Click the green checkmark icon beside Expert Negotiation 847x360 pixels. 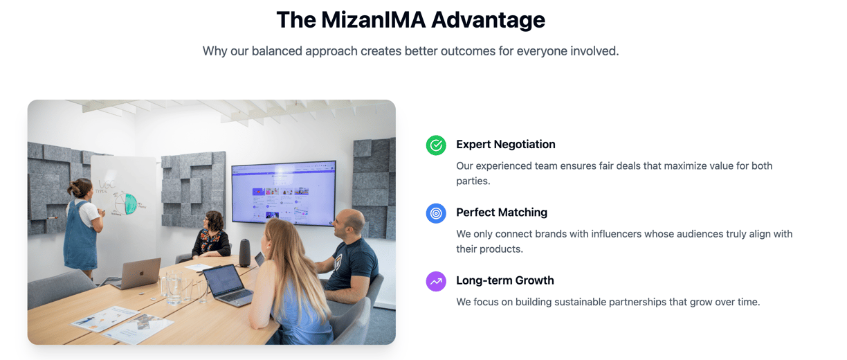[x=436, y=145]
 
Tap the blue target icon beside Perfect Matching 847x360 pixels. [x=436, y=213]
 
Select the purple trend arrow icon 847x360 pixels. [x=436, y=281]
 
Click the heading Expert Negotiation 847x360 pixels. [x=506, y=145]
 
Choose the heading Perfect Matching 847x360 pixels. [x=502, y=213]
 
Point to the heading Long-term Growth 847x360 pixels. [x=504, y=280]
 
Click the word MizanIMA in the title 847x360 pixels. [x=374, y=19]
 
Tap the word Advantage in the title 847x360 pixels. [x=488, y=20]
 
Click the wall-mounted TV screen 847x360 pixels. [x=284, y=193]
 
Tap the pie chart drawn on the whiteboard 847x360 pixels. [x=126, y=204]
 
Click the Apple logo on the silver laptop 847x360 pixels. [x=142, y=273]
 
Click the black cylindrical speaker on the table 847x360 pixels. [x=245, y=253]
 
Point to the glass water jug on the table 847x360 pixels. [x=174, y=288]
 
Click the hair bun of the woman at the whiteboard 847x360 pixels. [x=73, y=188]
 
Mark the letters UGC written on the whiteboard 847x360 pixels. [x=107, y=185]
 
